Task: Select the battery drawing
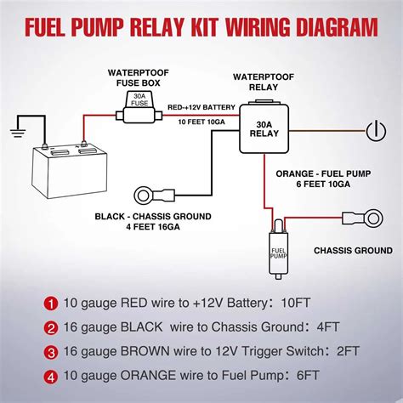70,171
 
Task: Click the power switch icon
376,131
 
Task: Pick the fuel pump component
278,250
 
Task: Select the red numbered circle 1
51,304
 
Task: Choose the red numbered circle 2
51,328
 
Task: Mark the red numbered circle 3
51,353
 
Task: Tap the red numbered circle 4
51,377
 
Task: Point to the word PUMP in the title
97,27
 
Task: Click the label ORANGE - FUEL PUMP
323,173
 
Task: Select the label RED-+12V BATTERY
201,107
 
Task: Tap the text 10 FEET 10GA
201,122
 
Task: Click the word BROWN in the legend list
145,351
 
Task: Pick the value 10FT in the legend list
296,303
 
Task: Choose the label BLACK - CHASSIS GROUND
153,217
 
